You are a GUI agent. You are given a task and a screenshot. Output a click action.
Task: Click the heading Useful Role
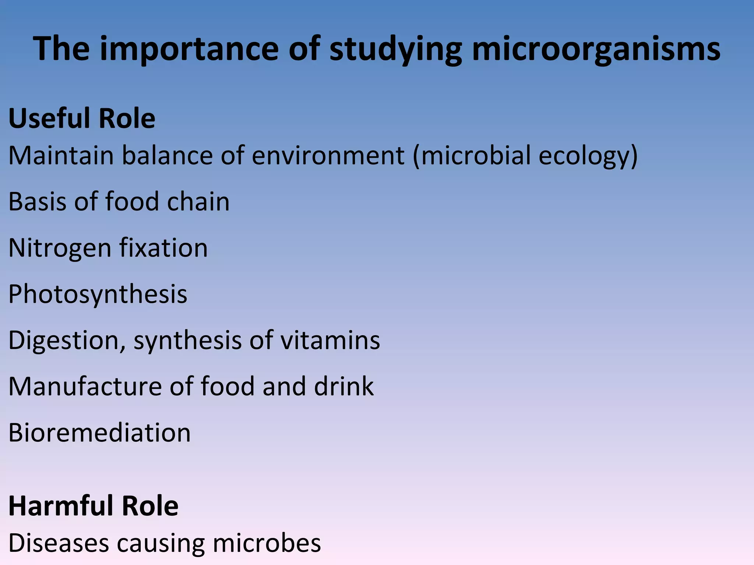click(82, 118)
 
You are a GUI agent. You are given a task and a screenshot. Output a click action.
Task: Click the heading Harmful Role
click(93, 506)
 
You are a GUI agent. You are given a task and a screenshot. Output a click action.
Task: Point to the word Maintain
click(61, 155)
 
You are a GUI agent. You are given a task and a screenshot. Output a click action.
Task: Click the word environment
click(328, 155)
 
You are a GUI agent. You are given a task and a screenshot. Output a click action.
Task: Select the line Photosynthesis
click(98, 294)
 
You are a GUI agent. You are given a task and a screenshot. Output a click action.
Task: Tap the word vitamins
click(330, 340)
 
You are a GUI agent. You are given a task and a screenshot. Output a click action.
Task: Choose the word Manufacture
click(85, 387)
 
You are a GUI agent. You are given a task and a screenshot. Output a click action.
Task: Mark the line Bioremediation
click(99, 433)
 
